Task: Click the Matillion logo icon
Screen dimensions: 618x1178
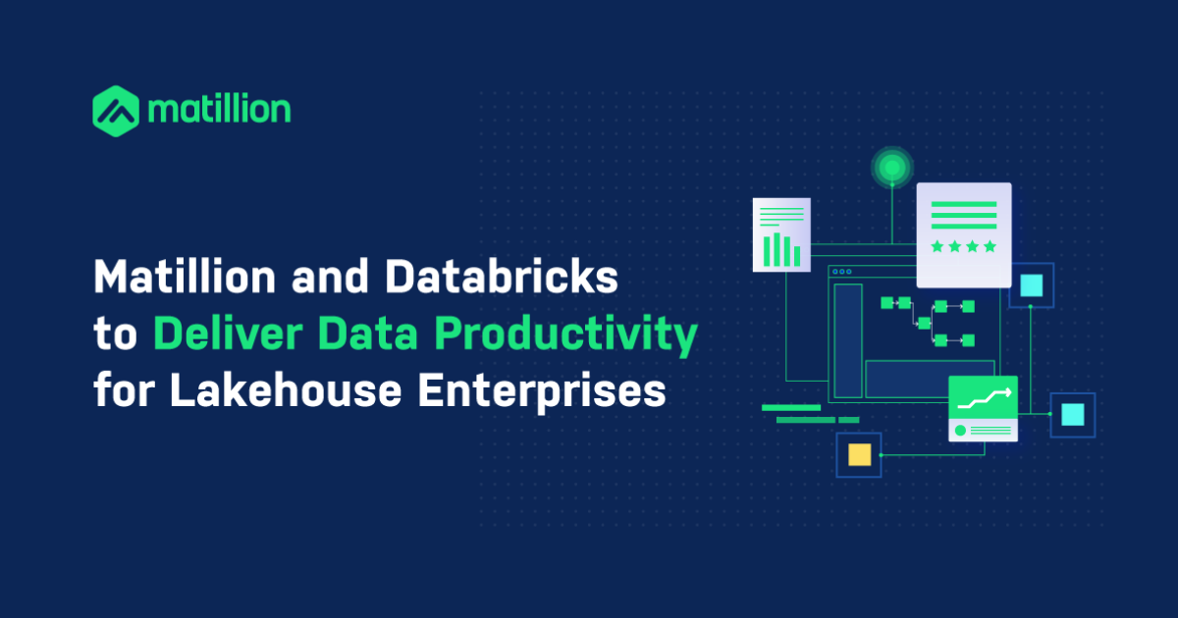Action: click(116, 110)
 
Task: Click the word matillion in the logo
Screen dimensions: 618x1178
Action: click(219, 110)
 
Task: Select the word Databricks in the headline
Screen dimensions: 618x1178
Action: click(502, 279)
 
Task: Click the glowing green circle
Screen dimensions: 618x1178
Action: click(892, 169)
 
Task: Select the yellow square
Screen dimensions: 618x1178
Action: click(859, 454)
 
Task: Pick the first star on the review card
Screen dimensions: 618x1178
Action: click(937, 246)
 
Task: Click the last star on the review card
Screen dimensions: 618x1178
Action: click(990, 246)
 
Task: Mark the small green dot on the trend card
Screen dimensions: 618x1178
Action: click(960, 431)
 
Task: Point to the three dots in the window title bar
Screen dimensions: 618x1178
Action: click(839, 271)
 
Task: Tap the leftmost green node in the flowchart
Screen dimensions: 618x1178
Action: click(886, 303)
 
